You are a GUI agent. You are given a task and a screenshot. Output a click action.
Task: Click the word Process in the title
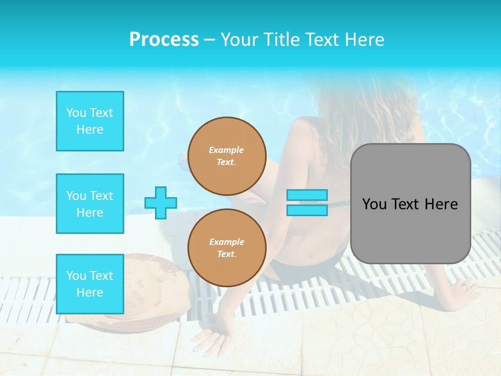[x=164, y=40]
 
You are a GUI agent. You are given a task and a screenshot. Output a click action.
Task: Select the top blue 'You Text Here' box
[x=90, y=121]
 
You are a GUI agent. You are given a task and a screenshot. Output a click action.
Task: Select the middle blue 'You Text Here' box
[x=90, y=204]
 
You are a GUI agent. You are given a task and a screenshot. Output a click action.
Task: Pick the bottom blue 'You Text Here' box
[x=90, y=284]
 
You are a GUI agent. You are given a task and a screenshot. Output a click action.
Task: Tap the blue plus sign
[x=161, y=203]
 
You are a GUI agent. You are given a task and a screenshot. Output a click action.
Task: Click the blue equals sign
[x=307, y=203]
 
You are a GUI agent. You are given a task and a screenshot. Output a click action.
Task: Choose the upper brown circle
[x=227, y=156]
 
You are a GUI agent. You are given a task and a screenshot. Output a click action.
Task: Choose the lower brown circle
[x=227, y=248]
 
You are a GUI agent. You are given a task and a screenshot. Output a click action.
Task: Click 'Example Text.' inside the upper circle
[x=226, y=156]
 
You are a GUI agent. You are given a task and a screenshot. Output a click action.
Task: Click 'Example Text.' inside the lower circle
[x=226, y=248]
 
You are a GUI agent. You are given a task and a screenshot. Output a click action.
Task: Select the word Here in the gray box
[x=441, y=204]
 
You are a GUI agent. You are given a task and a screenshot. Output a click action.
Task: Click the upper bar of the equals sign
[x=307, y=195]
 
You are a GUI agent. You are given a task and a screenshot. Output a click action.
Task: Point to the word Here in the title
[x=365, y=40]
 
